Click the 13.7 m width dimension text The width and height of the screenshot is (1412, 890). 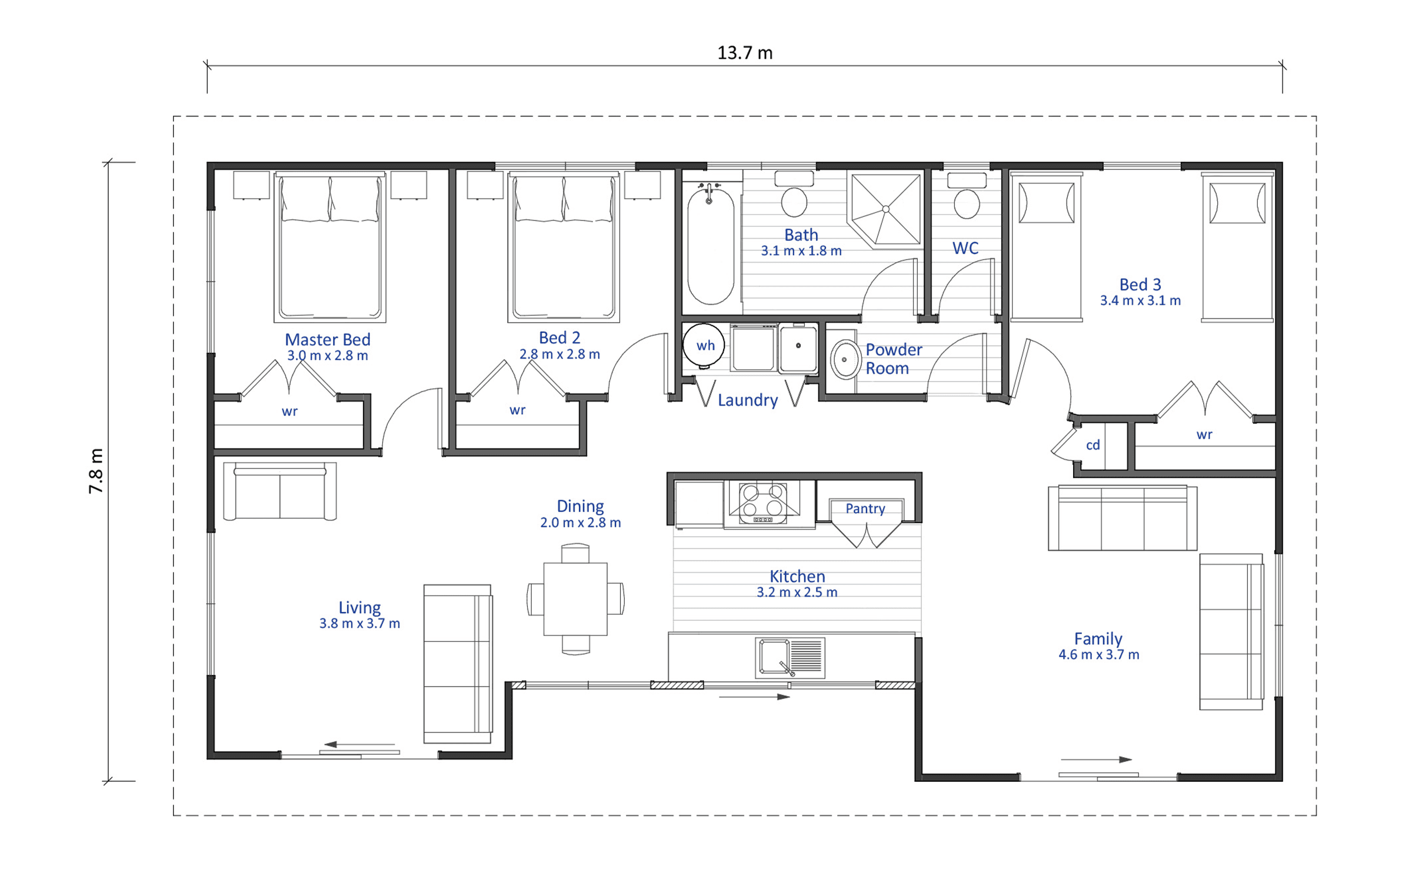click(744, 53)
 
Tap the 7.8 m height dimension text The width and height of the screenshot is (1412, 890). click(96, 471)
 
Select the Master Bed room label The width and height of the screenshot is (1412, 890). click(328, 339)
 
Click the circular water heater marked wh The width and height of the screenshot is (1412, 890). click(704, 345)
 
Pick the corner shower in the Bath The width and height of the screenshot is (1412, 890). click(885, 209)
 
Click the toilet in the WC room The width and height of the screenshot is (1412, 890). click(966, 195)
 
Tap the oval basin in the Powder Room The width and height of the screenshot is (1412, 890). click(845, 359)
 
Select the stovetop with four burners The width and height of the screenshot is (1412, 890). click(763, 501)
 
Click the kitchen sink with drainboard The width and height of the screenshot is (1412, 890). click(790, 657)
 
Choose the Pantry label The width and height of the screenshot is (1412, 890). click(865, 508)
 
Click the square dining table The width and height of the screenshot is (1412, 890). click(575, 599)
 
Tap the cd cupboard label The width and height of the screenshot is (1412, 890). click(1093, 445)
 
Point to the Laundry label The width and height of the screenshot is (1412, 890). click(748, 400)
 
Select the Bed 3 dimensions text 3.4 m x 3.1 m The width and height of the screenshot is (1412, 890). click(1140, 300)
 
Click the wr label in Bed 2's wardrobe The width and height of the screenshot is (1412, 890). click(517, 410)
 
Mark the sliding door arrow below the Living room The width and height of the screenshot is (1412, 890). click(359, 744)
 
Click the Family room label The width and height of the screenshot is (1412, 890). click(1098, 638)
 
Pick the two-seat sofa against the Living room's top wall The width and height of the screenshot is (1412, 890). click(280, 491)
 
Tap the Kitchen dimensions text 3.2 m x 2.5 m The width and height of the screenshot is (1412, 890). click(797, 592)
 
